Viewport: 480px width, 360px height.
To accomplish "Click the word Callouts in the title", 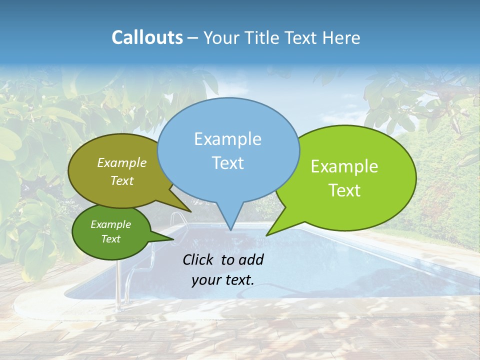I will tap(147, 37).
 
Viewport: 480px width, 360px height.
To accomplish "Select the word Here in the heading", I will tap(341, 37).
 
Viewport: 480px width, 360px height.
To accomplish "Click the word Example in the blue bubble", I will tap(227, 139).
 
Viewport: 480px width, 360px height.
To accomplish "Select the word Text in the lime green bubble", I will tap(344, 190).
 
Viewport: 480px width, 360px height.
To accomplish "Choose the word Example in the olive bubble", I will tap(121, 163).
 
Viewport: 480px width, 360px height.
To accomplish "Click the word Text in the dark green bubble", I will tap(110, 239).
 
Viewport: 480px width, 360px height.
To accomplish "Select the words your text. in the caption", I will tap(222, 280).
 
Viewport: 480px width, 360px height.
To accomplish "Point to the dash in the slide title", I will tap(193, 37).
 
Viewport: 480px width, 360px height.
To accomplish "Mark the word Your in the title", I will tap(221, 37).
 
